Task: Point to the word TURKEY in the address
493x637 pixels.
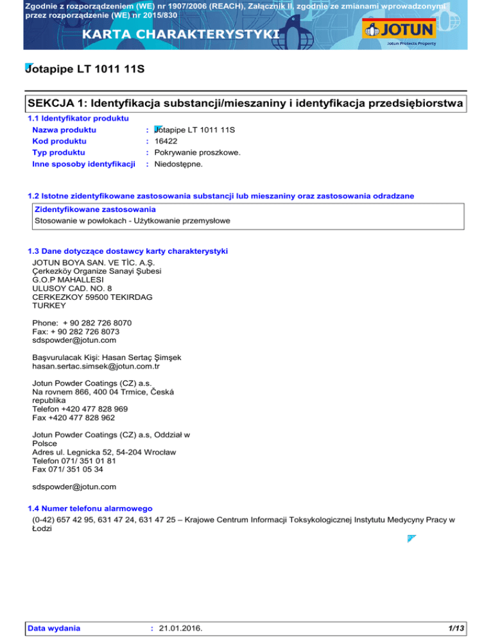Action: coord(49,306)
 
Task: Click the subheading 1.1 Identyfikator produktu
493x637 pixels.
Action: coord(79,118)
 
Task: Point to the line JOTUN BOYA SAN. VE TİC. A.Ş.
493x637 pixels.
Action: coord(92,261)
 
